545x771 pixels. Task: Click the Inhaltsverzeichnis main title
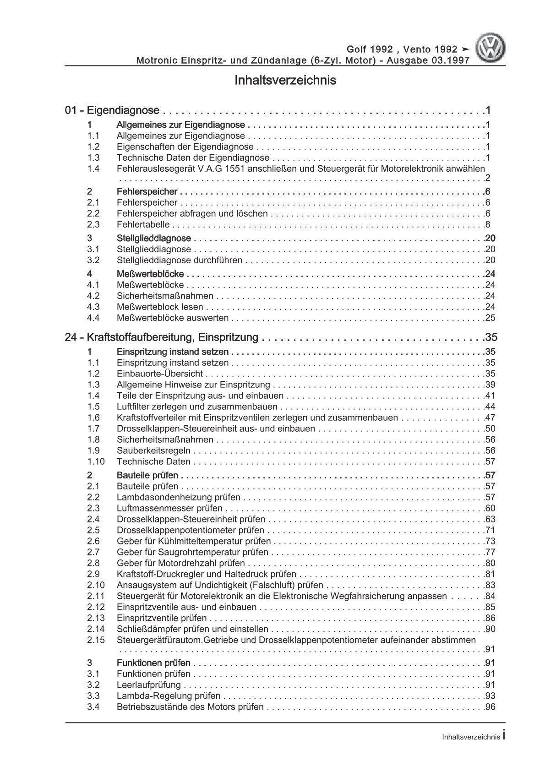point(285,81)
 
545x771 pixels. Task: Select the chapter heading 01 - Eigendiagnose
point(112,110)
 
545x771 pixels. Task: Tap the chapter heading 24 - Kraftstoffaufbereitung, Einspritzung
point(162,338)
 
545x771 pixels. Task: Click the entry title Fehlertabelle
point(143,225)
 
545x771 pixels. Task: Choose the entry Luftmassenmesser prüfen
point(169,508)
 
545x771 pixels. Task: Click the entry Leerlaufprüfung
point(149,685)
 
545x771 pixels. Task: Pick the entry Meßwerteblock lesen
point(160,307)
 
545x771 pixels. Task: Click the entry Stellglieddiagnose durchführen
point(180,261)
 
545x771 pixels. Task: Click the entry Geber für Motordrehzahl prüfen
point(181,564)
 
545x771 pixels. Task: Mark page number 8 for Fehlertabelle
point(487,225)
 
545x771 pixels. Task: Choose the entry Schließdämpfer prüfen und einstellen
point(192,630)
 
